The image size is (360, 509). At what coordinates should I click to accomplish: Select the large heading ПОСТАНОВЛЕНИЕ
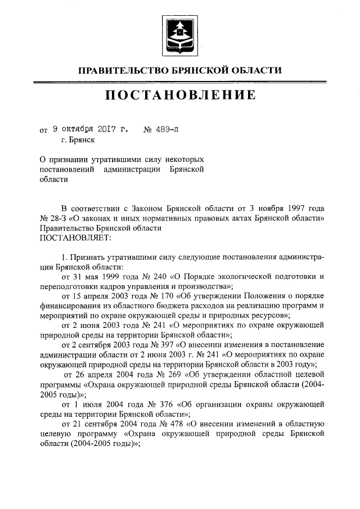pos(180,96)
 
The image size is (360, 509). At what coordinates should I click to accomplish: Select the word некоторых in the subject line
pos(183,160)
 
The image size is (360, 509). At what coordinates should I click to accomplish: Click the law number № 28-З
pos(54,218)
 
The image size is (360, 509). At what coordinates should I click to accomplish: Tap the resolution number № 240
pos(142,276)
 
